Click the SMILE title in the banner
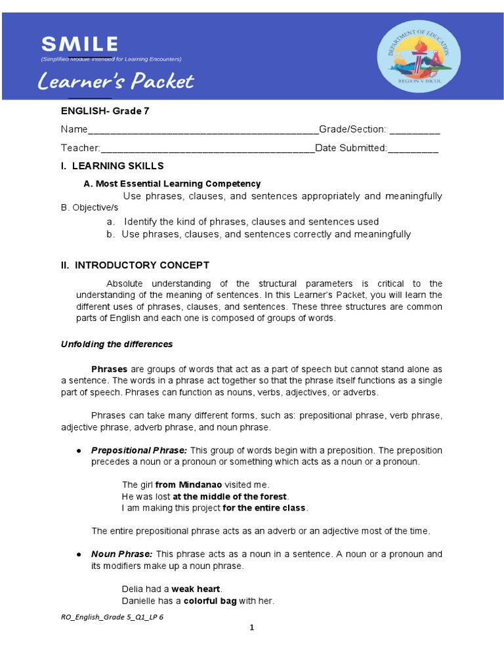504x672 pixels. (79, 45)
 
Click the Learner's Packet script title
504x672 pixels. (115, 81)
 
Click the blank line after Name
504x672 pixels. (203, 131)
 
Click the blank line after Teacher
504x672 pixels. (207, 148)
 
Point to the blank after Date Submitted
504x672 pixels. (413, 148)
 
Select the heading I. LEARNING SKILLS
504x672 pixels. (112, 166)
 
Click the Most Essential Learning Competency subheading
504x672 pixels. (172, 184)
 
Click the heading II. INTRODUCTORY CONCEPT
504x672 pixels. (135, 265)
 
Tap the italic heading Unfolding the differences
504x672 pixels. (117, 344)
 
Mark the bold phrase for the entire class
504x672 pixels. (264, 508)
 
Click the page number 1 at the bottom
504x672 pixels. (251, 627)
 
